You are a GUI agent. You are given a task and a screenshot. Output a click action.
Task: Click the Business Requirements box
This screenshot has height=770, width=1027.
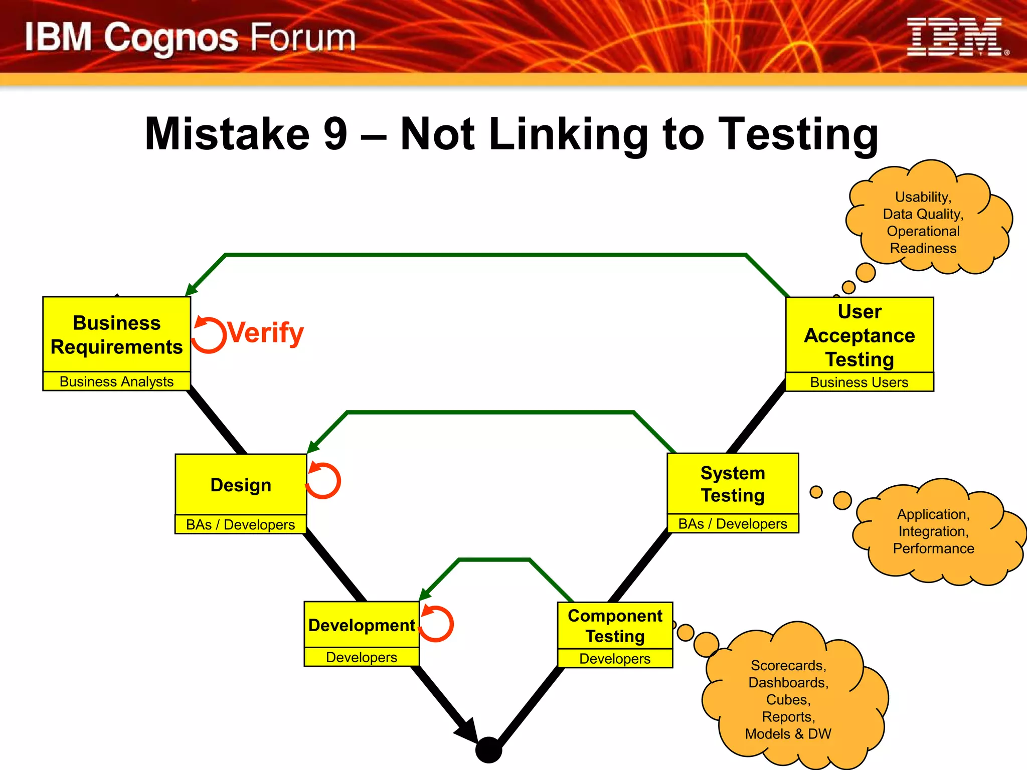117,334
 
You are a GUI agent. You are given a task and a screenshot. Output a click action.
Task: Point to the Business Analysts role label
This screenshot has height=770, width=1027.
117,381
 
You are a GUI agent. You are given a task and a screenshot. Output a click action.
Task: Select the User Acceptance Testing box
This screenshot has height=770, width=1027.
860,335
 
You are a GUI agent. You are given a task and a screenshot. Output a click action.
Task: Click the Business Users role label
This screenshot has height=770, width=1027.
860,382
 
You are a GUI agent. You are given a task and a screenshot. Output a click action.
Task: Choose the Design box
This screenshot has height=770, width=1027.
241,485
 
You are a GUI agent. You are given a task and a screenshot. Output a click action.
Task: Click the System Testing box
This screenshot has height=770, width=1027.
733,484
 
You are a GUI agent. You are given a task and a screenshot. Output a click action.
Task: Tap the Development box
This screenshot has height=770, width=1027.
362,625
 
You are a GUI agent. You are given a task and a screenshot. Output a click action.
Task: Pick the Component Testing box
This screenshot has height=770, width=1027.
615,626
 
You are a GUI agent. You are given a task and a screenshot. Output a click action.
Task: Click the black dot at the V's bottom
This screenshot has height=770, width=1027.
488,750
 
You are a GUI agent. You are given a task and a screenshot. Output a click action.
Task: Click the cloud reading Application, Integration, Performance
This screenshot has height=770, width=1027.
934,531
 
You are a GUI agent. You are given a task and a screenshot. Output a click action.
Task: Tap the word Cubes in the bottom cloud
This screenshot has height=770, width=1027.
788,700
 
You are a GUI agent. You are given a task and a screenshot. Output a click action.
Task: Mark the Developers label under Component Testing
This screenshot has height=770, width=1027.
615,659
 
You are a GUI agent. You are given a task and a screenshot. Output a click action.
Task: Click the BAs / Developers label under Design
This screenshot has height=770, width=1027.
241,525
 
